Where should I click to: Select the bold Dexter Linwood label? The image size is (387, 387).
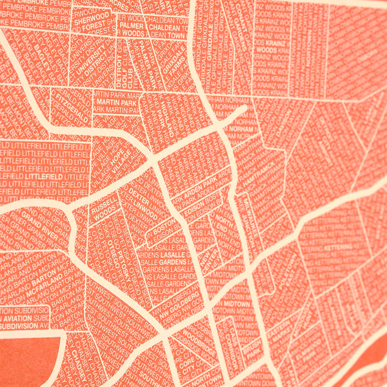146,203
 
